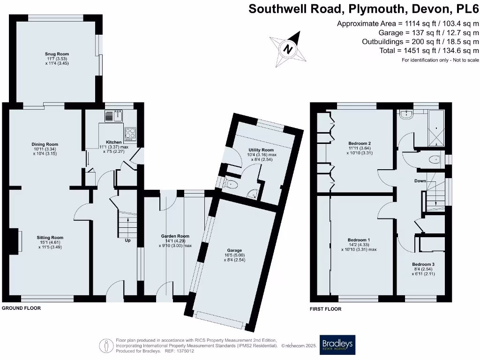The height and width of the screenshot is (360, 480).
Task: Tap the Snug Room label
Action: pyautogui.click(x=57, y=54)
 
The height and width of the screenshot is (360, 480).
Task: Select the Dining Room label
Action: pyautogui.click(x=45, y=144)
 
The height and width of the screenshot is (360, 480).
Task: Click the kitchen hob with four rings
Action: pyautogui.click(x=130, y=133)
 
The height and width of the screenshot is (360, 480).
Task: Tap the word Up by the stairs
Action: pyautogui.click(x=127, y=240)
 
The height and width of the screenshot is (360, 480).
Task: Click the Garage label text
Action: pyautogui.click(x=234, y=250)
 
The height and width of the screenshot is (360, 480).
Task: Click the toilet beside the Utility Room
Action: pyautogui.click(x=230, y=185)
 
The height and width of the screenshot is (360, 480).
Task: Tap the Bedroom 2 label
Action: pyautogui.click(x=360, y=143)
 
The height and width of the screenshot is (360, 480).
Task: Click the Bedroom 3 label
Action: pyautogui.click(x=423, y=264)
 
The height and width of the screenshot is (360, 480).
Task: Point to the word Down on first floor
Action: pyautogui.click(x=420, y=180)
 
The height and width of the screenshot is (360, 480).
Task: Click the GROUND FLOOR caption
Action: pyautogui.click(x=21, y=308)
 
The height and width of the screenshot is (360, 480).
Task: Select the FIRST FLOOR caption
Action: pyautogui.click(x=325, y=309)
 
